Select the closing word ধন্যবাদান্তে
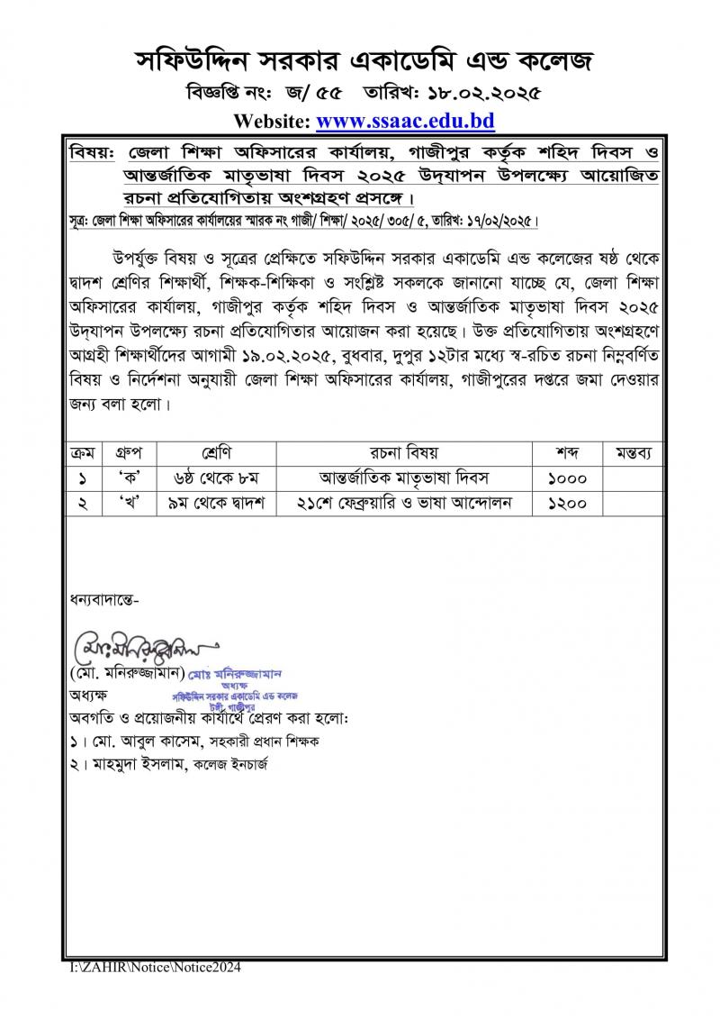103,598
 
